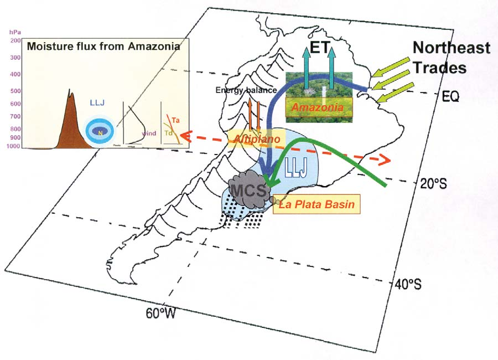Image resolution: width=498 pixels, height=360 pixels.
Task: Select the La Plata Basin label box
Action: (x=316, y=204)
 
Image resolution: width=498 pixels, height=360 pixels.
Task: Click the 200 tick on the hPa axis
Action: (x=14, y=40)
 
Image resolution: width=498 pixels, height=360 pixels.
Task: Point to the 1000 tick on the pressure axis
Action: (x=13, y=146)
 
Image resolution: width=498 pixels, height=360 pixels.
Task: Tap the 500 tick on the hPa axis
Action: (x=14, y=91)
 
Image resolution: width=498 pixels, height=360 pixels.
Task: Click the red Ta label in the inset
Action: (x=175, y=120)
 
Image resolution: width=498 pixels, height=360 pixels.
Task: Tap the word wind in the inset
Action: (x=149, y=133)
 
